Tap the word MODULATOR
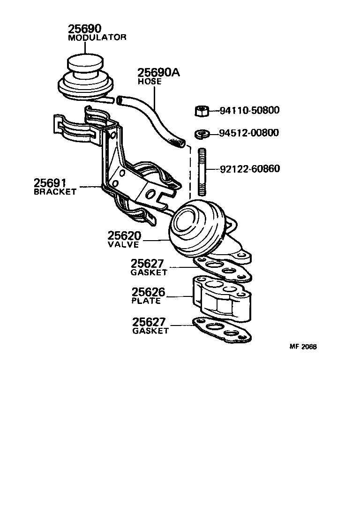[x=97, y=38]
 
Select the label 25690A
[x=158, y=73]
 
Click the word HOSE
[x=150, y=81]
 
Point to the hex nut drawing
[x=201, y=111]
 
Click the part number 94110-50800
[x=249, y=111]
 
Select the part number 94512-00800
[x=249, y=133]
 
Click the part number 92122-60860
[x=249, y=168]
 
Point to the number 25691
[x=52, y=182]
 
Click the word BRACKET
[x=55, y=192]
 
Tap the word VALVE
[x=123, y=244]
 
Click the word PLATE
[x=146, y=301]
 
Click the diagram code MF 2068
[x=303, y=347]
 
